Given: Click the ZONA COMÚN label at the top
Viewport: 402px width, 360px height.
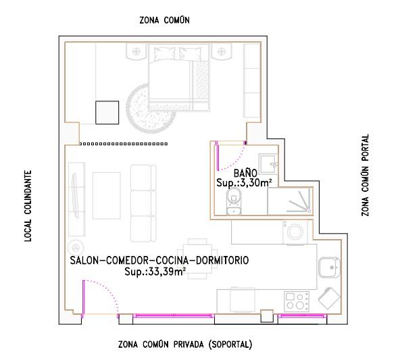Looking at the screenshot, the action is [165, 20].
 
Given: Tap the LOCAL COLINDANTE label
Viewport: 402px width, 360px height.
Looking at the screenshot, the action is [28, 206].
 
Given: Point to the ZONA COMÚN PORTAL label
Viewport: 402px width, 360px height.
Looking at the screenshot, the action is [365, 175].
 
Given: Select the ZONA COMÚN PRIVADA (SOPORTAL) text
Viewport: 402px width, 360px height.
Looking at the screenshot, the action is [185, 344].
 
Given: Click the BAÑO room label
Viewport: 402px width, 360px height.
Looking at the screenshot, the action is [245, 173].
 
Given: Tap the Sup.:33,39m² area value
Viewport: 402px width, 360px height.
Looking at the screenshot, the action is [155, 272].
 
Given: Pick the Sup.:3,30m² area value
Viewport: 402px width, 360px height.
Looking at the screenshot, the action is [244, 183].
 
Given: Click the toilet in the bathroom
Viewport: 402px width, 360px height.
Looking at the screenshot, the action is [234, 201].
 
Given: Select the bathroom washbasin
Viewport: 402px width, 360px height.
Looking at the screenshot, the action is [268, 161].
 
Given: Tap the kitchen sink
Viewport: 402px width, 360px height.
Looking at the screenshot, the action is [330, 267].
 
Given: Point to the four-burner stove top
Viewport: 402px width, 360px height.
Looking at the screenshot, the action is [297, 301].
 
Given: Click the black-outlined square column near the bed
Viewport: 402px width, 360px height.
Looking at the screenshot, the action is [107, 113].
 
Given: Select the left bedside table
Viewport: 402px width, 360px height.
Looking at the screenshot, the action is [136, 52].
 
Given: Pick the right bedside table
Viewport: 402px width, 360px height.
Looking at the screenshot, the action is [221, 52].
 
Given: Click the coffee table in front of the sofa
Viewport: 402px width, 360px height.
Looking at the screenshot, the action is [106, 196].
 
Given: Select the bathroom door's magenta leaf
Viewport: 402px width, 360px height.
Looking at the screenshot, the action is [218, 156].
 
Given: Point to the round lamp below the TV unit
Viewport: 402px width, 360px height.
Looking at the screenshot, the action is [76, 247].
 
